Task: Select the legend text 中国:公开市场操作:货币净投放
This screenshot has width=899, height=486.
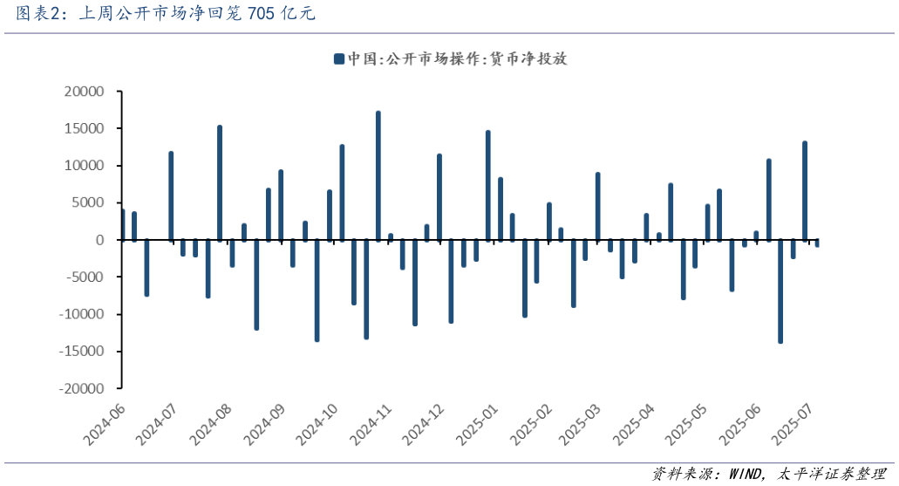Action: point(457,59)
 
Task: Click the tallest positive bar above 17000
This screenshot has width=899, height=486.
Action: point(378,175)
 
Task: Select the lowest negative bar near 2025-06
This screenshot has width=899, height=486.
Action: point(780,291)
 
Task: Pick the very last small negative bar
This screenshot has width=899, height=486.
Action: point(817,243)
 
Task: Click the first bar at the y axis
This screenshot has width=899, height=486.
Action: point(123,224)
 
